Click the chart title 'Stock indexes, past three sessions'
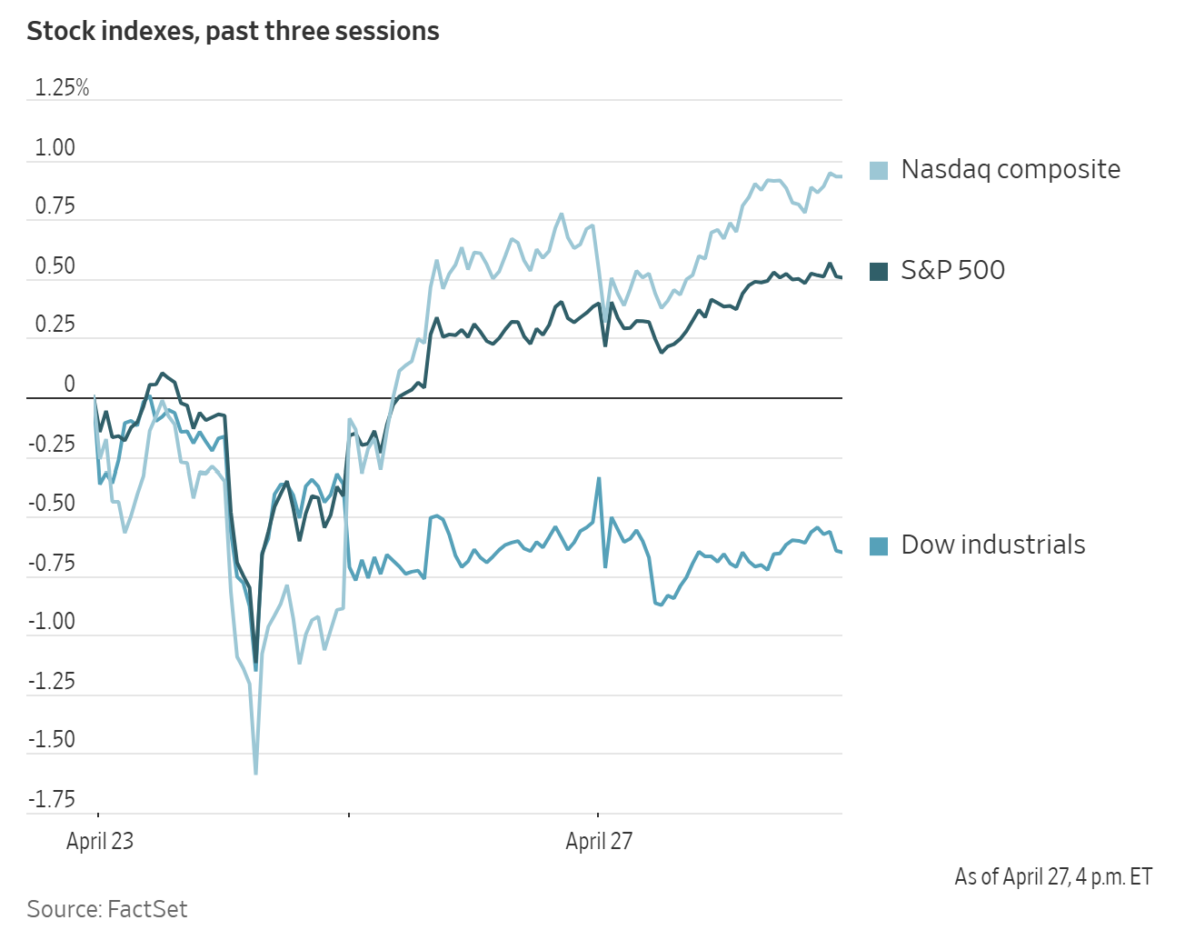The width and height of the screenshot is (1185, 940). pos(233,32)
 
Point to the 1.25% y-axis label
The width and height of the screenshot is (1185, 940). pos(62,88)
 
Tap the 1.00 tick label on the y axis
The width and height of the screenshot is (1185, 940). pos(55,148)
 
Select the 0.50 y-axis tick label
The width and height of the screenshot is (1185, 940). pos(55,266)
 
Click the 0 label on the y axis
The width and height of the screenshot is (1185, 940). pos(69,385)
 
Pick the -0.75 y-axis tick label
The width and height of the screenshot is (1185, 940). pos(52,563)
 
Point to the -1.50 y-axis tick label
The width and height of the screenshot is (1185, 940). pos(52,739)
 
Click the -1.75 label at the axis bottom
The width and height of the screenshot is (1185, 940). pos(52,799)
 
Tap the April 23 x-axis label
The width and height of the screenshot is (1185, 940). pos(100,841)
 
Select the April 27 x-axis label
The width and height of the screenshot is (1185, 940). pos(599,841)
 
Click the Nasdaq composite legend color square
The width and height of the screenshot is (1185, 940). pos(879,170)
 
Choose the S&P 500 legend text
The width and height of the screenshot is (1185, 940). pos(952,270)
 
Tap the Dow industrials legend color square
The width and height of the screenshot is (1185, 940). pos(879,545)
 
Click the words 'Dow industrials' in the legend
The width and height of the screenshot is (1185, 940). pos(993,545)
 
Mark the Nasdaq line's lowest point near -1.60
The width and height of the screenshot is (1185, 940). pos(255,774)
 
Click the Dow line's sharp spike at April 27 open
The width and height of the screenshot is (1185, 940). pos(599,478)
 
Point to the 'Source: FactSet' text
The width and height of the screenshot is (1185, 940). pos(107,909)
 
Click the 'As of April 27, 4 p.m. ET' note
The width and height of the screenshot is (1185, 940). pos(1053,876)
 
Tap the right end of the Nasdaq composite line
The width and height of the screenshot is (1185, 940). pos(841,176)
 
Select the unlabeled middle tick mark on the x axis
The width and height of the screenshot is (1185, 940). pos(349,815)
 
